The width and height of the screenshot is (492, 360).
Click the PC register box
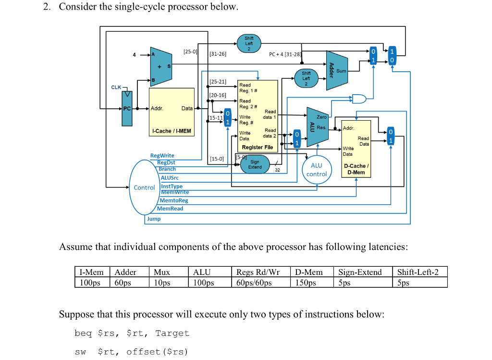(127, 109)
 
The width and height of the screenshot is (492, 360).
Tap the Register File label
(258, 147)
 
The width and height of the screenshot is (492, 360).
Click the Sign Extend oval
(255, 165)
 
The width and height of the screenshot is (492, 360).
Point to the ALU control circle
(317, 170)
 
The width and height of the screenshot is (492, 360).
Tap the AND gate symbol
(358, 99)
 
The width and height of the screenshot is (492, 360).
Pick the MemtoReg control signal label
(173, 200)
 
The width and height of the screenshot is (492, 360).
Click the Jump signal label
(154, 219)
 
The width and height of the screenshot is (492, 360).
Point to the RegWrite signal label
(162, 156)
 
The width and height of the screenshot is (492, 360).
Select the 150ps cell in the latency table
(306, 283)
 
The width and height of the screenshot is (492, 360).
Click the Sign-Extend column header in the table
(360, 272)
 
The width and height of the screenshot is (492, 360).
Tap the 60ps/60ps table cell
(254, 283)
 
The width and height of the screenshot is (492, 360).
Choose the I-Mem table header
(91, 272)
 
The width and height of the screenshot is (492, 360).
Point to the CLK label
(116, 87)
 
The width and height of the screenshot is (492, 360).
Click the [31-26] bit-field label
(218, 54)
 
